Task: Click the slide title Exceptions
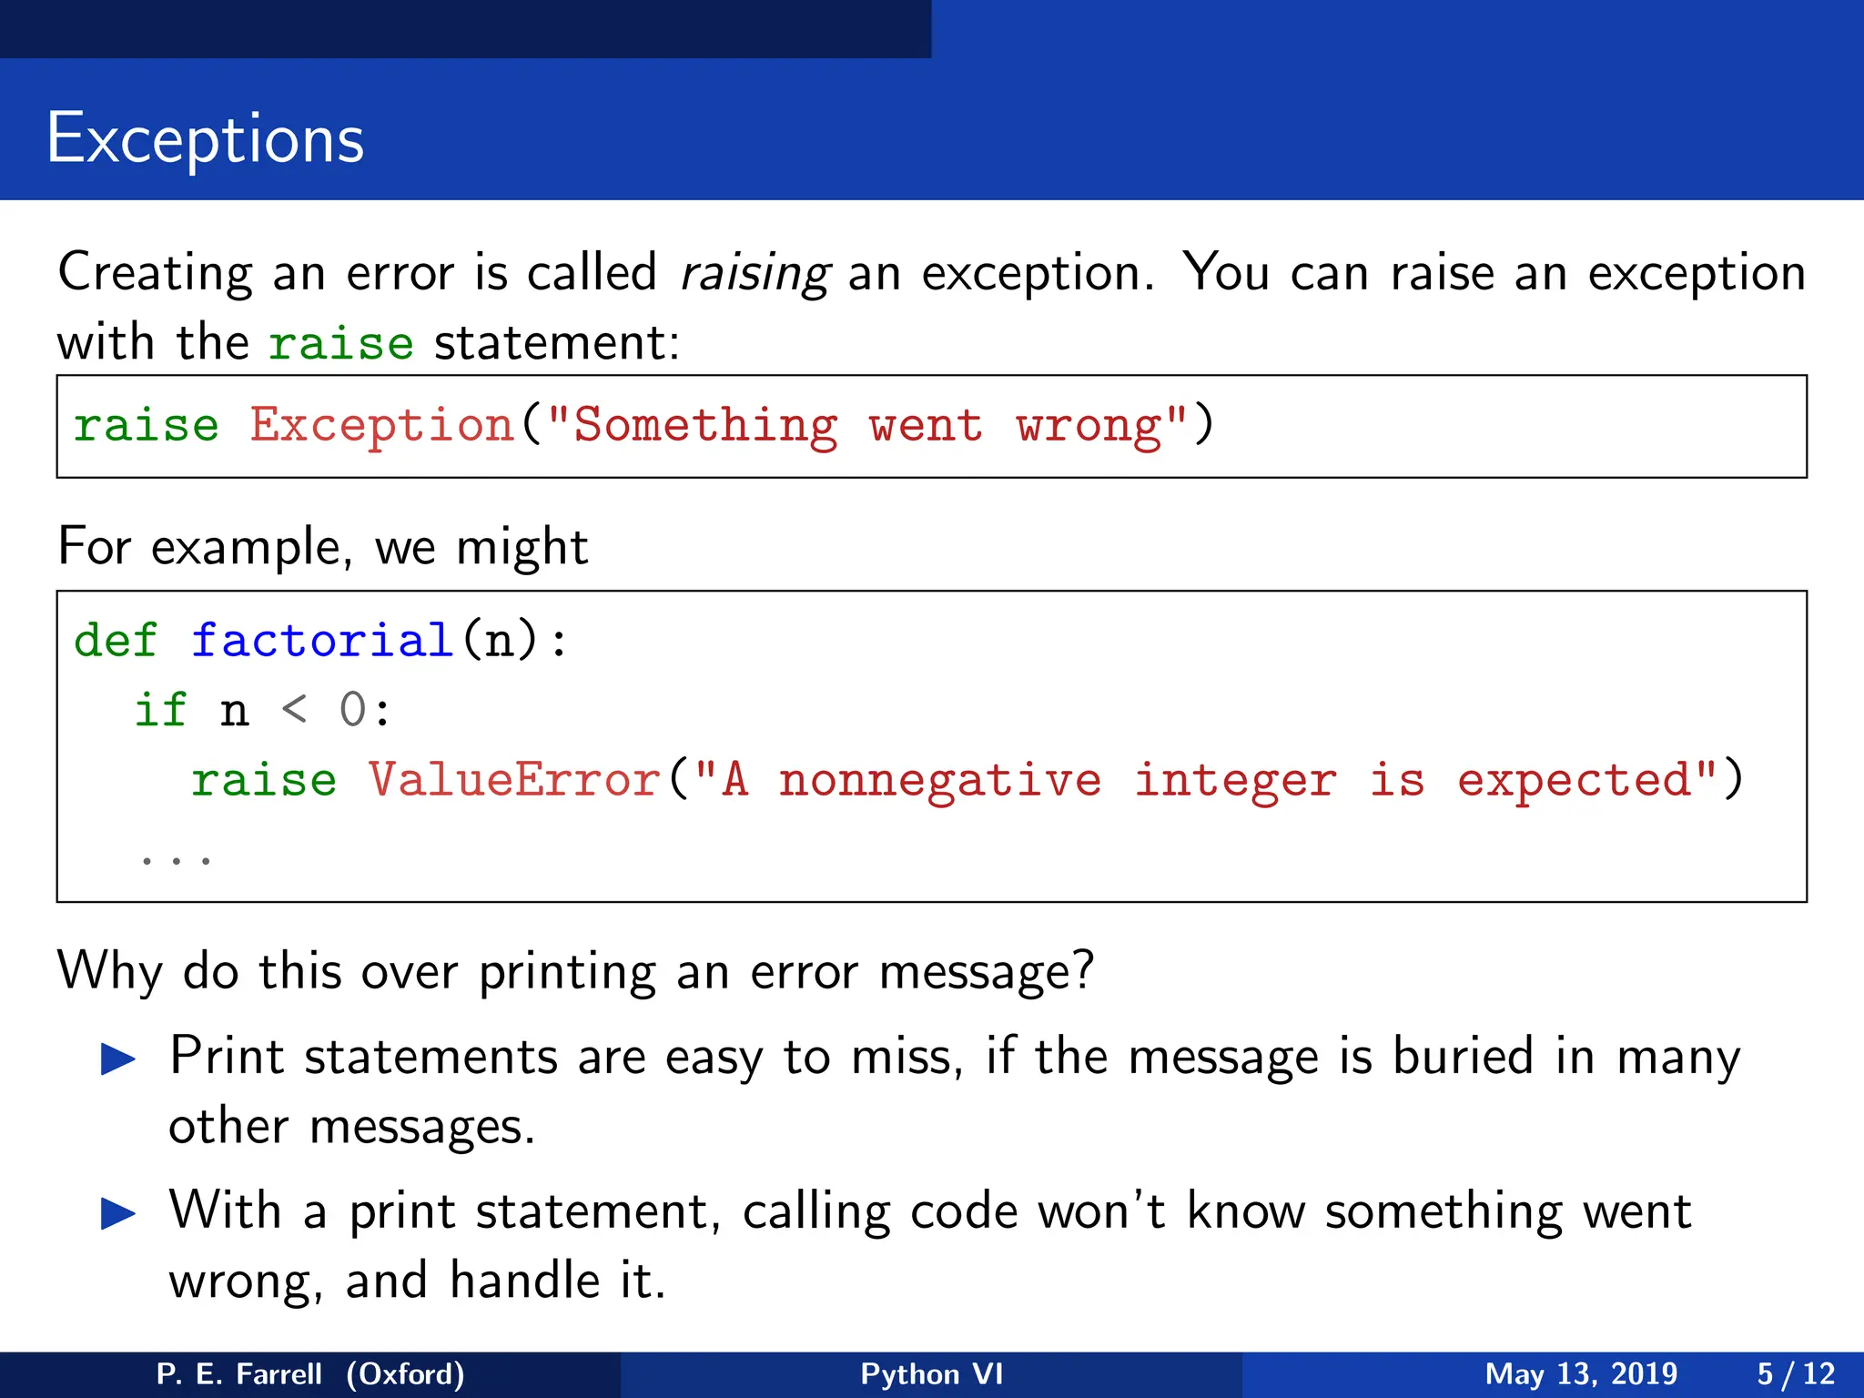click(205, 139)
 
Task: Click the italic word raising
click(755, 273)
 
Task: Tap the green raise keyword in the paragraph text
click(340, 344)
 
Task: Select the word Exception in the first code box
click(382, 426)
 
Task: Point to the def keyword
click(115, 641)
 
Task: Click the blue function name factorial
click(322, 641)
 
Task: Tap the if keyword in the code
click(160, 710)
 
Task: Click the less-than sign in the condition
click(294, 710)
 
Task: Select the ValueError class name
click(514, 781)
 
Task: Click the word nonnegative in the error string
click(939, 781)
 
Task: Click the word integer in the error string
click(1235, 781)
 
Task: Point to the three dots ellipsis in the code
click(176, 858)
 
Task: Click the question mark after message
click(1082, 970)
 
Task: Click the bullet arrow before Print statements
click(118, 1059)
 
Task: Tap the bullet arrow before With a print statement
click(118, 1213)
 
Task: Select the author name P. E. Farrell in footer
click(238, 1373)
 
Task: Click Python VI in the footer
click(931, 1373)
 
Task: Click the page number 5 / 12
click(1795, 1373)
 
